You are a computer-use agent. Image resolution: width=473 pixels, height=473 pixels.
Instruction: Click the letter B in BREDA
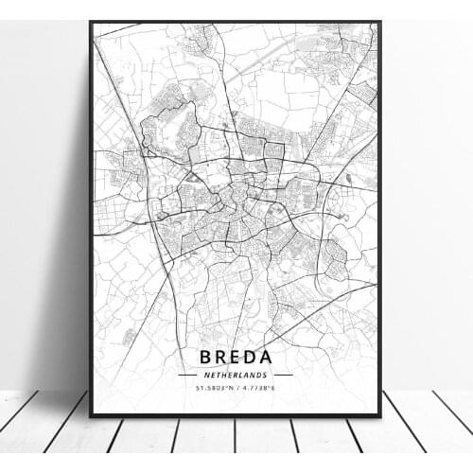click(204, 357)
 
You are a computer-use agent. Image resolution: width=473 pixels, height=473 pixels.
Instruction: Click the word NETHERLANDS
click(236, 375)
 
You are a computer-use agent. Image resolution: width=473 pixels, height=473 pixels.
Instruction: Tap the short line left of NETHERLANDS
click(189, 375)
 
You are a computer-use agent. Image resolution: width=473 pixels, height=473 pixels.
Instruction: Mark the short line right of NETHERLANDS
click(282, 375)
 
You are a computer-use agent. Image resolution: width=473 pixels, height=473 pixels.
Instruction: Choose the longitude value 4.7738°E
click(257, 388)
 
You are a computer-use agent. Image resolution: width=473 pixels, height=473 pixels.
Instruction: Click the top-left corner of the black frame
click(91, 23)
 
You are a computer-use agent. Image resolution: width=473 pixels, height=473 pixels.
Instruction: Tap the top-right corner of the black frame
click(379, 23)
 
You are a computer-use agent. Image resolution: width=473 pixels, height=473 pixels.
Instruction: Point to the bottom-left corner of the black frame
click(91, 415)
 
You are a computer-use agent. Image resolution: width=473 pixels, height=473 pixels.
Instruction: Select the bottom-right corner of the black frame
click(379, 415)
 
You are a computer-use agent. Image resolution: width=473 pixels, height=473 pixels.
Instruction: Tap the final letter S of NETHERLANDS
click(266, 375)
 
